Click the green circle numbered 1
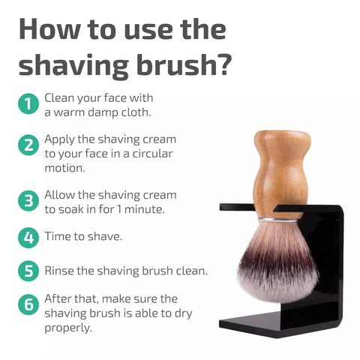pos(28,103)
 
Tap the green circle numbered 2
pos(28,145)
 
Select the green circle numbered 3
pos(28,201)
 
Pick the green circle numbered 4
pos(28,238)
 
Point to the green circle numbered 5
pos(28,271)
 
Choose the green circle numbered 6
pos(28,304)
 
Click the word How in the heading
pos(49,29)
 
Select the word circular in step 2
pos(152,154)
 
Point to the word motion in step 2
pos(64,168)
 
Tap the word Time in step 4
pos(55,236)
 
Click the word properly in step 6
pos(67,328)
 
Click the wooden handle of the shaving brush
pos(281,172)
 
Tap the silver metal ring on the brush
pos(278,220)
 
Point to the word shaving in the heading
pos(73,65)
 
